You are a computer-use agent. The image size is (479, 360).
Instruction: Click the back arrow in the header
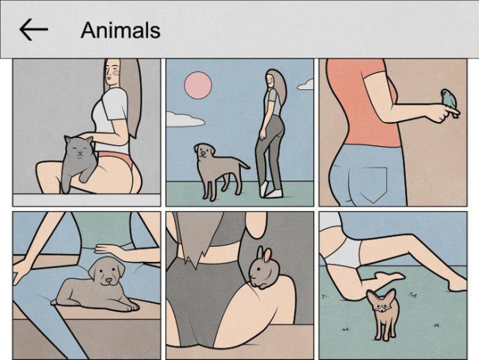pyautogui.click(x=34, y=30)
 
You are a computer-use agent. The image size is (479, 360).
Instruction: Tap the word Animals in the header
pyautogui.click(x=120, y=30)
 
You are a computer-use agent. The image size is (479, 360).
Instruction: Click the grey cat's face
pyautogui.click(x=79, y=149)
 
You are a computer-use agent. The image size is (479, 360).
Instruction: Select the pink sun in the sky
pyautogui.click(x=198, y=85)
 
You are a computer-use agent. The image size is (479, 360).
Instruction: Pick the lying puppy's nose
pyautogui.click(x=109, y=280)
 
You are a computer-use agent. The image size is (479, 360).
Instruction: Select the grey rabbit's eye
pyautogui.click(x=258, y=269)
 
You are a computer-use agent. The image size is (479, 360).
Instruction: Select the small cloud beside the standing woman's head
pyautogui.click(x=305, y=85)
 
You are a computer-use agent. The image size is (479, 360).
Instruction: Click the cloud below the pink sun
pyautogui.click(x=185, y=120)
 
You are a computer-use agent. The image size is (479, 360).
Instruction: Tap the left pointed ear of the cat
pyautogui.click(x=67, y=140)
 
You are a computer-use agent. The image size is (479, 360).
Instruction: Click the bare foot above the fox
pyautogui.click(x=388, y=277)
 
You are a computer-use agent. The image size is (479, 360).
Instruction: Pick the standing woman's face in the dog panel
pyautogui.click(x=269, y=80)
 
